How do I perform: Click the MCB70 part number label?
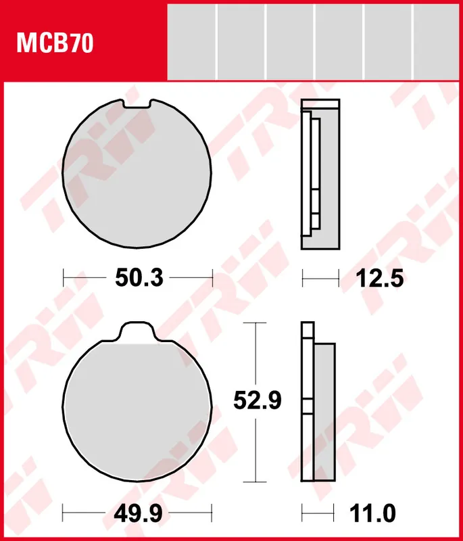point(55,44)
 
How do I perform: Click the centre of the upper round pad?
point(137,174)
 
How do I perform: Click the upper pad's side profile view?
point(318,174)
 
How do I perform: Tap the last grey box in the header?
point(437,40)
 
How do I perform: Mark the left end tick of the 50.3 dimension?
point(63,277)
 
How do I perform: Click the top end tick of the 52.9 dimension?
point(253,323)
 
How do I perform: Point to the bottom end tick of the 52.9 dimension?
point(253,481)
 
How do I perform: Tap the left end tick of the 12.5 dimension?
point(302,277)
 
